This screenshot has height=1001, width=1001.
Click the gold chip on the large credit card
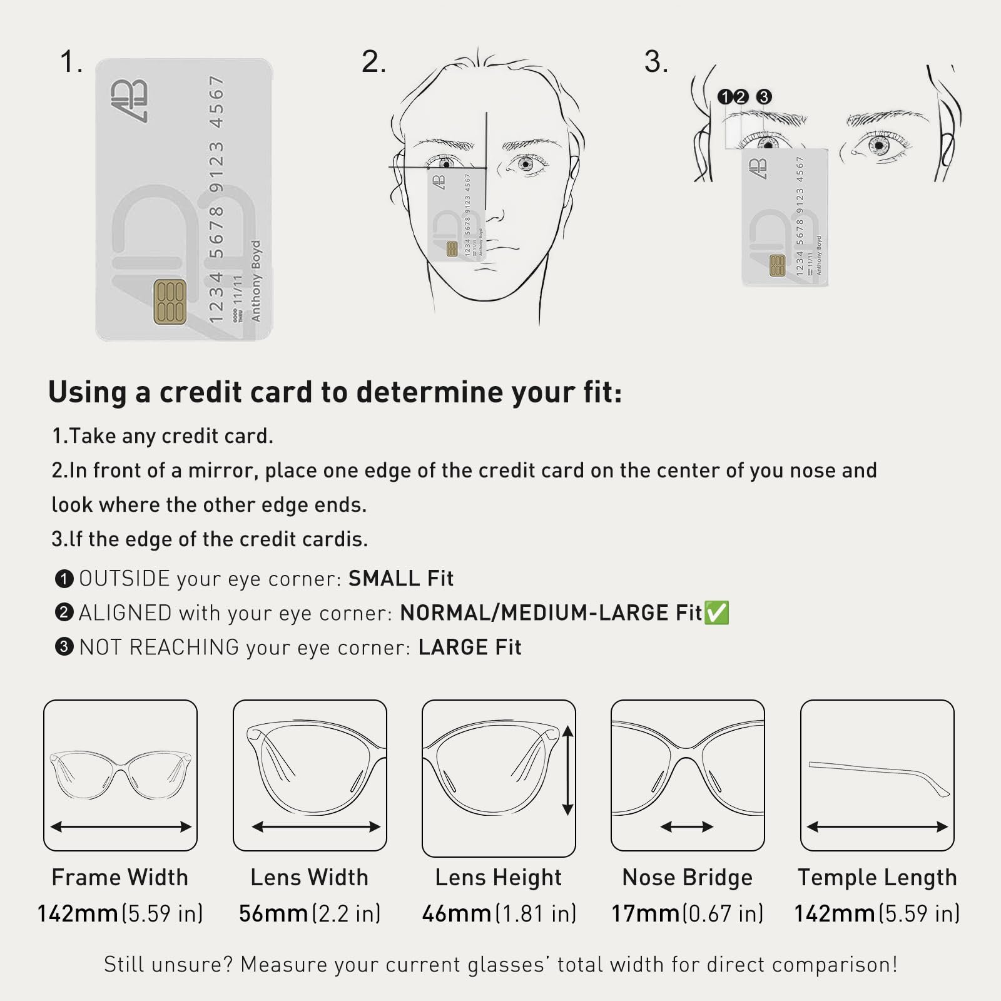coord(170,302)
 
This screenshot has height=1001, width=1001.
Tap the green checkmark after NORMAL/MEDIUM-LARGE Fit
coord(716,612)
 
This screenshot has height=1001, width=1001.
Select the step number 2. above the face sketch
coord(373,62)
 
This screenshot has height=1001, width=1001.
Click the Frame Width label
coord(120,877)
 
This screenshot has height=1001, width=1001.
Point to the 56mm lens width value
coord(274,913)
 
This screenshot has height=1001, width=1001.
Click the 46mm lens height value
coord(457,913)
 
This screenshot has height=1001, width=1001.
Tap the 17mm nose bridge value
coord(646,913)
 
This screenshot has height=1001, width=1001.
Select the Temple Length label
coord(877,877)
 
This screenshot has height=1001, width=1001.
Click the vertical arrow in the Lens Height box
coord(567,770)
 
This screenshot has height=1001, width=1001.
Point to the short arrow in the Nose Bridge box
coord(687,827)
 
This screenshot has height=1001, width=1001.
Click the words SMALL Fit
coord(401,578)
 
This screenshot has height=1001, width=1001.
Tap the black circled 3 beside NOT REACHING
coord(64,646)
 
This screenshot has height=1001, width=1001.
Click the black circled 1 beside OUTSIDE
coord(64,578)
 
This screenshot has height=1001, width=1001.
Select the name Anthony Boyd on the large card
coord(255,280)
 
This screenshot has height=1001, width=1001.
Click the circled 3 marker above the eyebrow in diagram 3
coord(764,97)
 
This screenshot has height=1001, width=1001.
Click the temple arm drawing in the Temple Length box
coord(879,778)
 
